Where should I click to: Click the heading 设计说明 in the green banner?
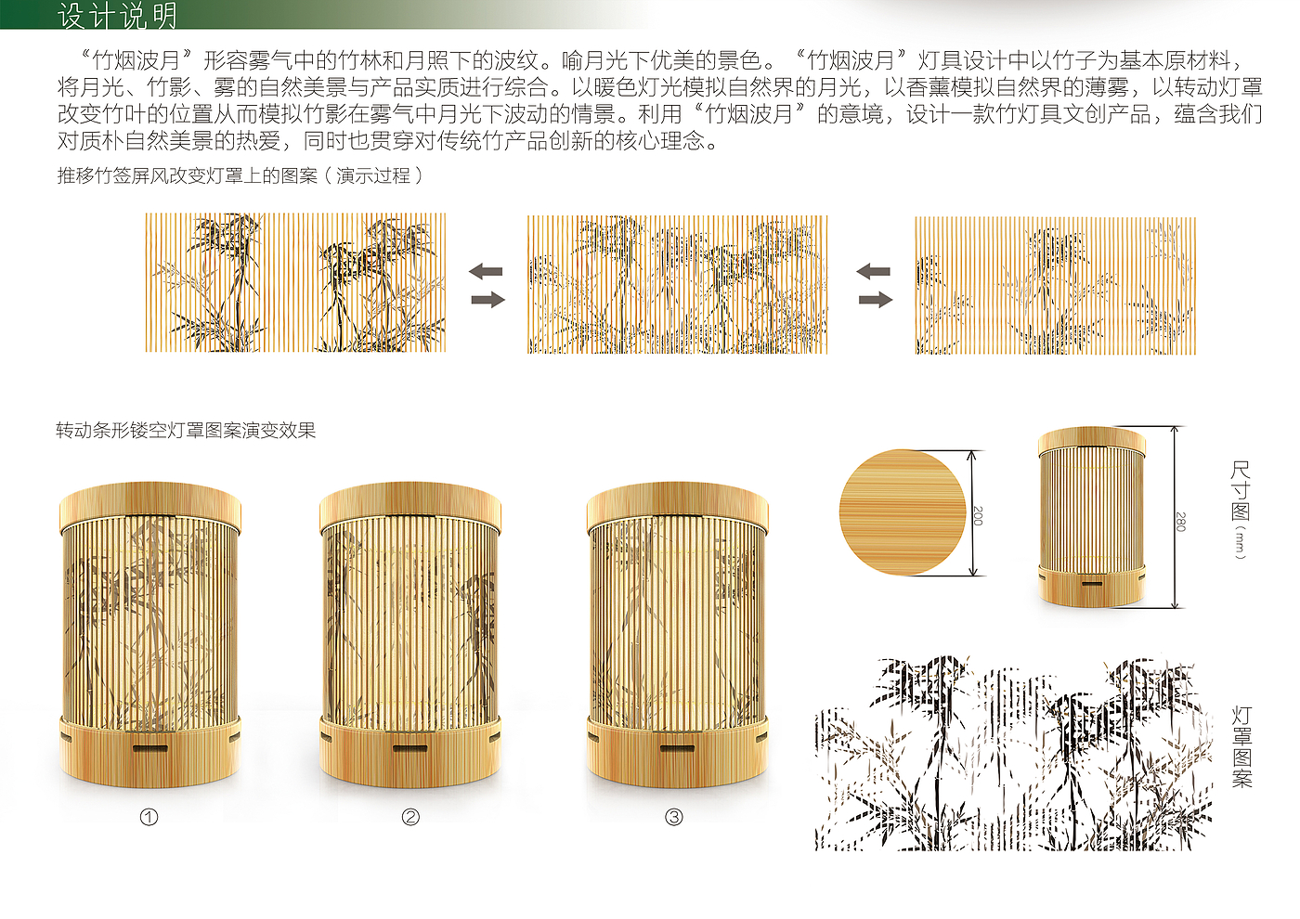click(x=117, y=16)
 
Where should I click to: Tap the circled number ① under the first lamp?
click(x=149, y=818)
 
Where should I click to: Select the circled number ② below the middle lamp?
click(x=410, y=818)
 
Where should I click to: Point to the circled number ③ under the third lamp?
click(x=674, y=818)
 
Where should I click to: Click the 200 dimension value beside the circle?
click(x=978, y=516)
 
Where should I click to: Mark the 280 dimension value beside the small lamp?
click(x=1180, y=522)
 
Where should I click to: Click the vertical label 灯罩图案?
click(x=1242, y=747)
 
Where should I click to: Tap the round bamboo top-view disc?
click(x=903, y=512)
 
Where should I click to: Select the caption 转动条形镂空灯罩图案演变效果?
click(x=186, y=431)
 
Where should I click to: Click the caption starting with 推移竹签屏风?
click(x=240, y=175)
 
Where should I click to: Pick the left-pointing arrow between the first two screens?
click(x=486, y=271)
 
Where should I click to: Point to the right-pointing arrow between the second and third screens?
click(x=875, y=299)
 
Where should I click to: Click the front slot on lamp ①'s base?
click(x=150, y=748)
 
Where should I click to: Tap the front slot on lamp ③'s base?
click(x=677, y=748)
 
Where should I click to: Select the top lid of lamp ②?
click(x=410, y=505)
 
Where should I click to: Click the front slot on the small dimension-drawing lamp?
click(x=1092, y=583)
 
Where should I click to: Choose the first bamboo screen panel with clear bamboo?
click(x=295, y=282)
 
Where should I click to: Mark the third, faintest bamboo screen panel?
click(x=1055, y=286)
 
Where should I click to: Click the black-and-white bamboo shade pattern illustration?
click(x=1013, y=753)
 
